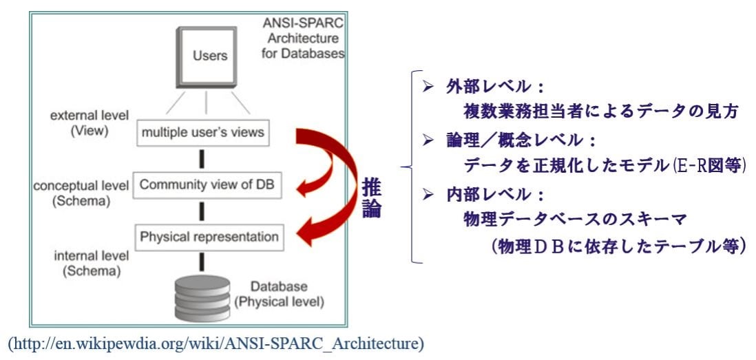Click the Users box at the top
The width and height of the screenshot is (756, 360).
[207, 56]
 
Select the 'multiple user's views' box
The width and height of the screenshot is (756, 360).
[202, 133]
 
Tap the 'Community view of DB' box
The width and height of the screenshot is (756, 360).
[206, 185]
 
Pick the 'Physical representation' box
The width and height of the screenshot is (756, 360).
[209, 237]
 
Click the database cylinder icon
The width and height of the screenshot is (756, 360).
[202, 299]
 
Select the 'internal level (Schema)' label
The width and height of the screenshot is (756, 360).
[92, 263]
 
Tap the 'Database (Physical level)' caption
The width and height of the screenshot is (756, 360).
[279, 295]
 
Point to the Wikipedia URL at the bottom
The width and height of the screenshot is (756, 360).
[216, 344]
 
